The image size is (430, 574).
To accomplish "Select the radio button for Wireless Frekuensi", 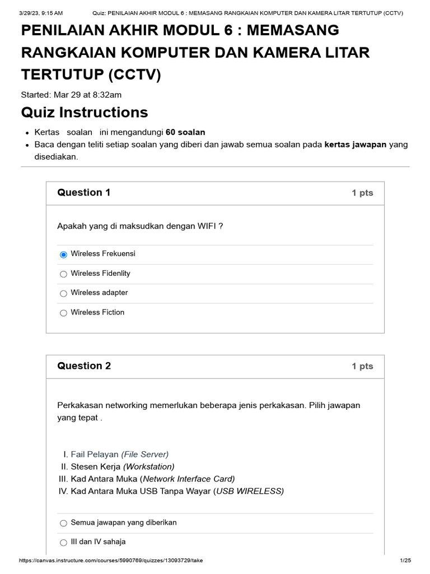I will click(x=63, y=254).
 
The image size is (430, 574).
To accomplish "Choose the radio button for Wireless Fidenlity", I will click(x=63, y=274).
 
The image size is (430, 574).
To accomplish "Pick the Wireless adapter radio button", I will click(x=63, y=293).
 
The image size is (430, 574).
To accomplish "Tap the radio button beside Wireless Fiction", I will click(x=63, y=313).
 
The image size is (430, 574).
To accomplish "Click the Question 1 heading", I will click(x=83, y=193).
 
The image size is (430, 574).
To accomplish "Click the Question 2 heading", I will click(x=83, y=366).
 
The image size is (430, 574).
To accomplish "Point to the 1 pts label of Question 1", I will click(x=362, y=193).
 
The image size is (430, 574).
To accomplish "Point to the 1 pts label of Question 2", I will click(x=362, y=366).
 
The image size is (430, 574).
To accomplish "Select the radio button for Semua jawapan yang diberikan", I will click(x=63, y=523).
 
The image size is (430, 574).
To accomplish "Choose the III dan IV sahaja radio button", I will click(x=63, y=543).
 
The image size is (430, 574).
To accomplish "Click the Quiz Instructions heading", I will click(x=85, y=113).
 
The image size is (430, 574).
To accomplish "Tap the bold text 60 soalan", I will click(x=185, y=132).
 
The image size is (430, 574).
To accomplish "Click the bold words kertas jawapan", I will click(x=356, y=145).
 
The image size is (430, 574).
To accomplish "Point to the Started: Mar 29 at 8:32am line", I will click(x=71, y=95).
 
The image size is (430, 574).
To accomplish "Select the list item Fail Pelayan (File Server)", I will click(x=119, y=455).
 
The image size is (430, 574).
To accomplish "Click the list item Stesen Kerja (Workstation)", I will click(x=122, y=466).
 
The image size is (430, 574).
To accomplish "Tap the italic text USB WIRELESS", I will click(x=250, y=491).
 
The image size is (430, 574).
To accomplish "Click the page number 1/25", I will click(x=405, y=561).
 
